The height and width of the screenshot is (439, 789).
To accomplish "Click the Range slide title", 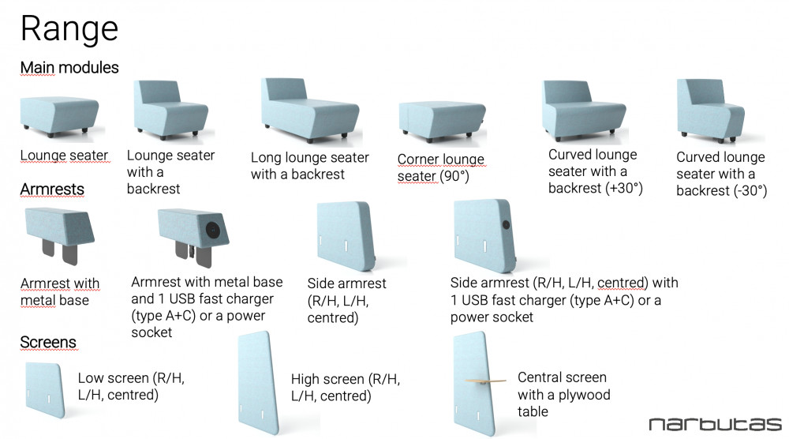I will [69, 29].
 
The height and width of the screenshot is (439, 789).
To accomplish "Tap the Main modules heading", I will [69, 68].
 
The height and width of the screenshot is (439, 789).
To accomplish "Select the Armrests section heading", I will [52, 189].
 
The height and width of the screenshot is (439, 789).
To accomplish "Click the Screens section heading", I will [48, 342].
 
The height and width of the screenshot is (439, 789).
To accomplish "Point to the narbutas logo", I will [715, 424].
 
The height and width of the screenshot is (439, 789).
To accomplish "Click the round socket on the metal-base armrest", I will [214, 229].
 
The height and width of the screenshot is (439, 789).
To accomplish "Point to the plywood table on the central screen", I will [482, 382].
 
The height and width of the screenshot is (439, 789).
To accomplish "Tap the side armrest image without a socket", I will [344, 236].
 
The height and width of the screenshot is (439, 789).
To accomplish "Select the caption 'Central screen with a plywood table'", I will [563, 394].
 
